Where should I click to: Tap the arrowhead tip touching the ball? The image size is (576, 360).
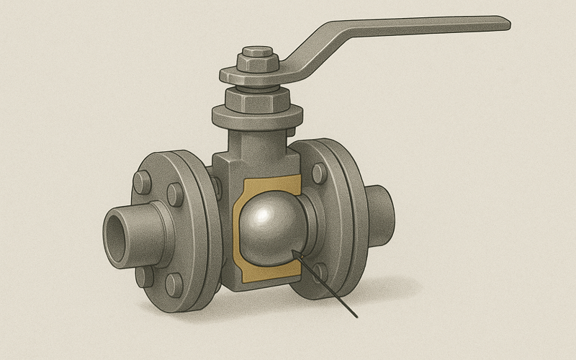(295, 251)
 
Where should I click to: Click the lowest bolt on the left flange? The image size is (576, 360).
(174, 285)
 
